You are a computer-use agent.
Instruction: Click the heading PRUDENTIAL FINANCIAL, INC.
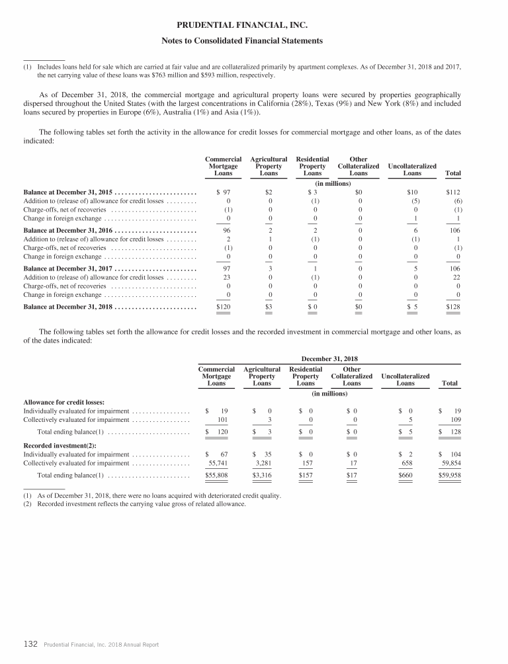pyautogui.click(x=253, y=26)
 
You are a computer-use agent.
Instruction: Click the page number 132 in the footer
pyautogui.click(x=30, y=644)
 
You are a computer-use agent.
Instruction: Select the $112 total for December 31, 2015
pyautogui.click(x=452, y=192)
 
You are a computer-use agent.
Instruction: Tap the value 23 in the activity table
pyautogui.click(x=227, y=278)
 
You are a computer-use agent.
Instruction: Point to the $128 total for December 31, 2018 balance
pyautogui.click(x=452, y=308)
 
